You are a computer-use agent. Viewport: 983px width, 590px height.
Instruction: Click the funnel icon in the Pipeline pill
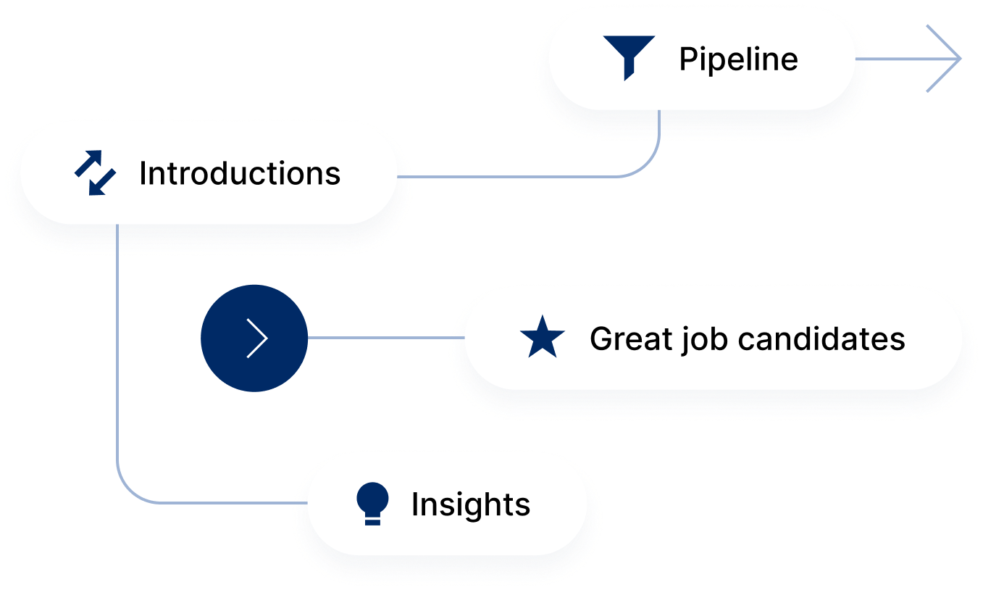628,57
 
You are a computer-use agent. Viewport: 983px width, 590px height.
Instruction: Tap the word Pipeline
738,59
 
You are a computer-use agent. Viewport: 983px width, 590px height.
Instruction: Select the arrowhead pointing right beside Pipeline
945,59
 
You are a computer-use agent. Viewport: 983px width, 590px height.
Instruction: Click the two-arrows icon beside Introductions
95,173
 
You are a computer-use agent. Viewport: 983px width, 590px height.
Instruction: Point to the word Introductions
240,174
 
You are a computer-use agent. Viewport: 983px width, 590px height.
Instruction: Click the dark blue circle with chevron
254,338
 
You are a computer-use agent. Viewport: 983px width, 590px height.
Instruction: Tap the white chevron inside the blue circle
257,338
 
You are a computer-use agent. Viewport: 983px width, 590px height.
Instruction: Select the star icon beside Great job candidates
543,338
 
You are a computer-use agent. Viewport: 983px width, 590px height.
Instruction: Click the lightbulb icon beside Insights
373,503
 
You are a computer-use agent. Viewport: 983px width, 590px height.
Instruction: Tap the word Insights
471,504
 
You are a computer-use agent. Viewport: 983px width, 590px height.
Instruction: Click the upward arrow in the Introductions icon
87,164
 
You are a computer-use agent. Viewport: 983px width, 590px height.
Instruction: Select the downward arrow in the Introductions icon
103,183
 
